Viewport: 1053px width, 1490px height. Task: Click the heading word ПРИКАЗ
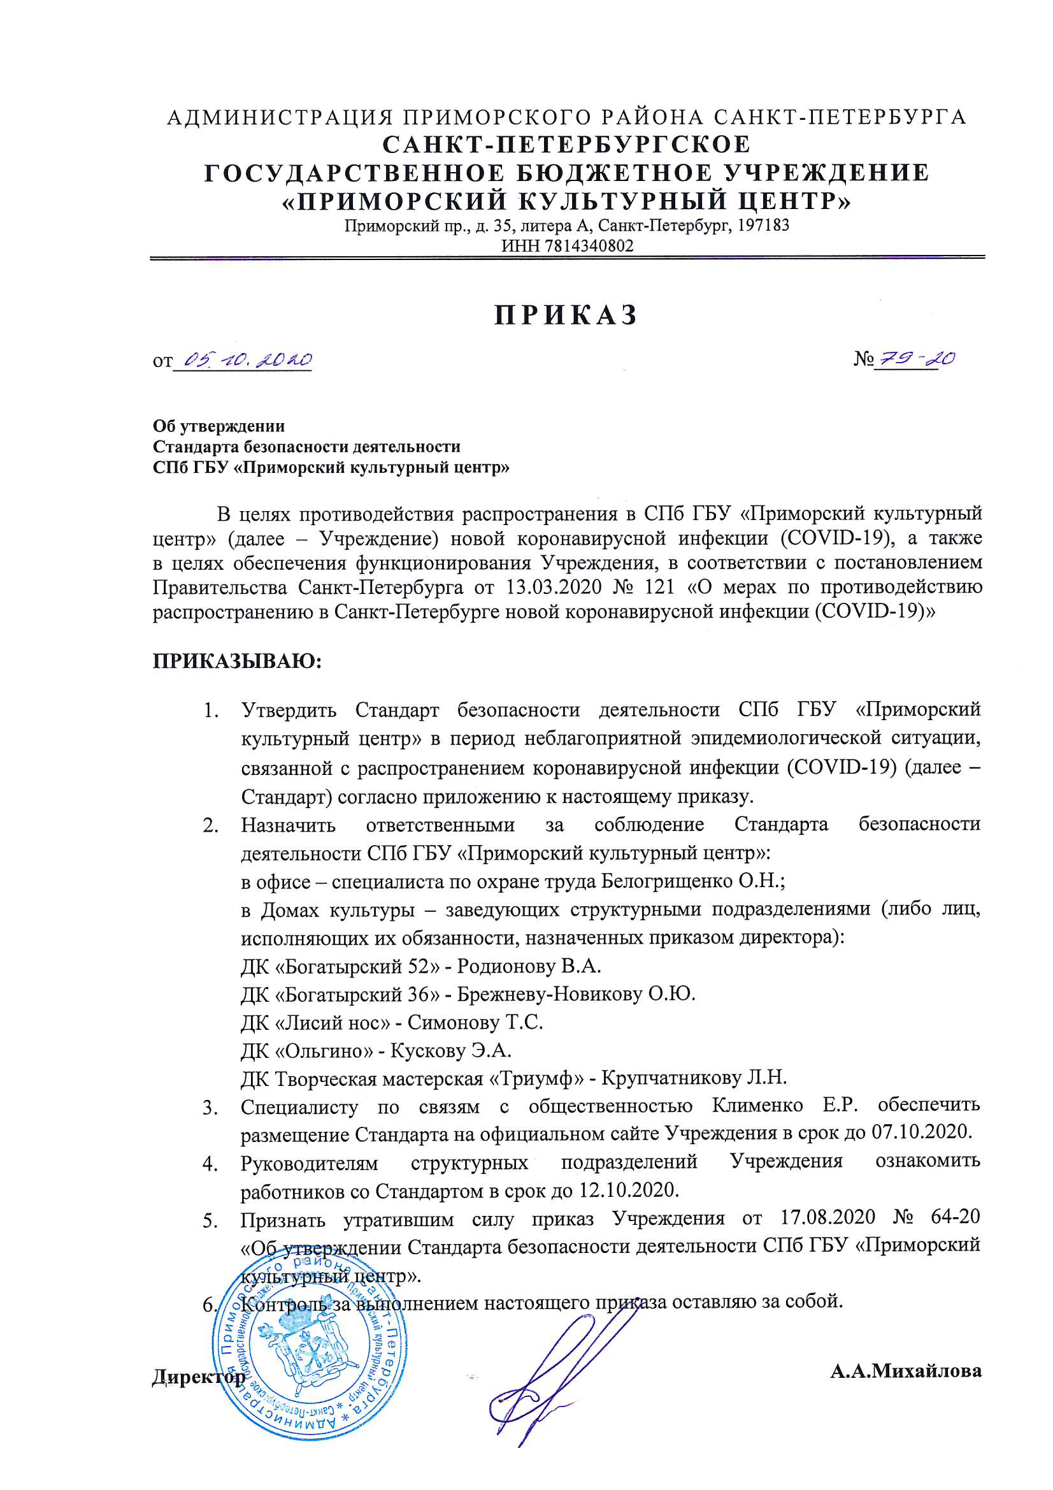[566, 315]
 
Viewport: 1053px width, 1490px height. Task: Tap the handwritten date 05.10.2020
[248, 359]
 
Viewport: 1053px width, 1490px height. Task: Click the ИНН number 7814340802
[590, 246]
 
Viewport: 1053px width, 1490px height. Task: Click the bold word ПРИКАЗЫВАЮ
[238, 662]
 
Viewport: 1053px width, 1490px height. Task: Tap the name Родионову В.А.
[529, 966]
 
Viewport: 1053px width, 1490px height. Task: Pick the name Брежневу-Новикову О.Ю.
[576, 994]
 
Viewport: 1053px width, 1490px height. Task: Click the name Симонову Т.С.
[475, 1022]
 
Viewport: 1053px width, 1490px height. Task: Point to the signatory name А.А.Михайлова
[906, 1371]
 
